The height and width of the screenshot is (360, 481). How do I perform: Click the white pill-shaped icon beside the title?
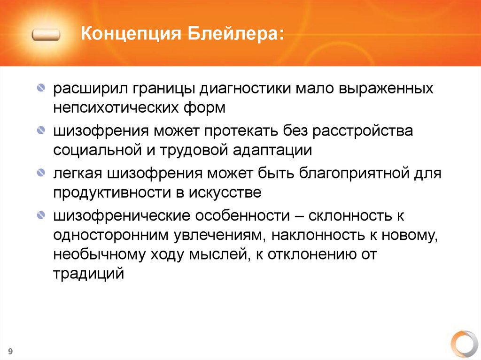(x=47, y=35)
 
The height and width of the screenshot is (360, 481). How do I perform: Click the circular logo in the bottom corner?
(x=464, y=345)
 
